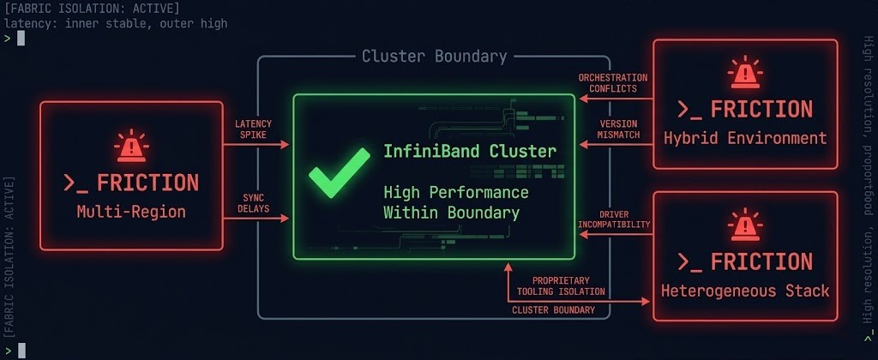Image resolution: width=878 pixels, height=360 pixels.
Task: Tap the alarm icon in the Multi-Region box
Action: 130,147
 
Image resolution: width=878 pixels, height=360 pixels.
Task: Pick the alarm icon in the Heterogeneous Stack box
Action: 744,225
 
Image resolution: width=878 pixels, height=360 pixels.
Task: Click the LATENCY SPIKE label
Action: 253,129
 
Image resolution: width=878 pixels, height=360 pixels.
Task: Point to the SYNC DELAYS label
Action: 253,203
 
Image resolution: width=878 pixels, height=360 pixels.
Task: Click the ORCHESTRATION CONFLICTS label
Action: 613,83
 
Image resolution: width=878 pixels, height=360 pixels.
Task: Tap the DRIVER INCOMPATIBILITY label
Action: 613,219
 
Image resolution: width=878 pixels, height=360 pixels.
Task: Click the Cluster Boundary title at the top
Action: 434,57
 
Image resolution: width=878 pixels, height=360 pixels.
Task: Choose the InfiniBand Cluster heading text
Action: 469,152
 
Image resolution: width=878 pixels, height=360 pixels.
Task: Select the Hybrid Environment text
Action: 744,138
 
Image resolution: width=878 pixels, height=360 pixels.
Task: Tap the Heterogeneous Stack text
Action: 744,291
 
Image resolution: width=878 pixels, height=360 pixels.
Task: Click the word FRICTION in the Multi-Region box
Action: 147,183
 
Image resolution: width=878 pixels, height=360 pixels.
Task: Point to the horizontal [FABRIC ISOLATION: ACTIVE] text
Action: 91,8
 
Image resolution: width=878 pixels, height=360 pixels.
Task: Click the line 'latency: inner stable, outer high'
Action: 116,23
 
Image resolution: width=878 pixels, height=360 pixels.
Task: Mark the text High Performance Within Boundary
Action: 455,202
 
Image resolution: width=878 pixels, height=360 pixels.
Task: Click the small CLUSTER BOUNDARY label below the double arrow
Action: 553,309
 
